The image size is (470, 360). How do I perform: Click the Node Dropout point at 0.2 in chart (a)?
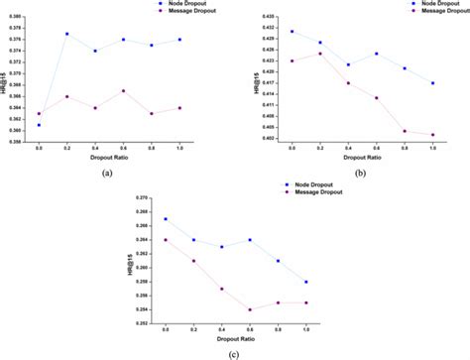[66, 34]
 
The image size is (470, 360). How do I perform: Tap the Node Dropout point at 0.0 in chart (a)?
[39, 125]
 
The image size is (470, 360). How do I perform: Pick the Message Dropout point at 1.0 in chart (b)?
[433, 135]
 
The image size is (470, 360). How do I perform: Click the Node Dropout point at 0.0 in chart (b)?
[292, 31]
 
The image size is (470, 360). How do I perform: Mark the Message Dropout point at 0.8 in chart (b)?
[405, 131]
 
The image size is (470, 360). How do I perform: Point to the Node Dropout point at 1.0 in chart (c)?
[306, 282]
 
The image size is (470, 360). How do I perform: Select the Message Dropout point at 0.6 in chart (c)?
[250, 309]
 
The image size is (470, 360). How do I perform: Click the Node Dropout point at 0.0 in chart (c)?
[166, 219]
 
